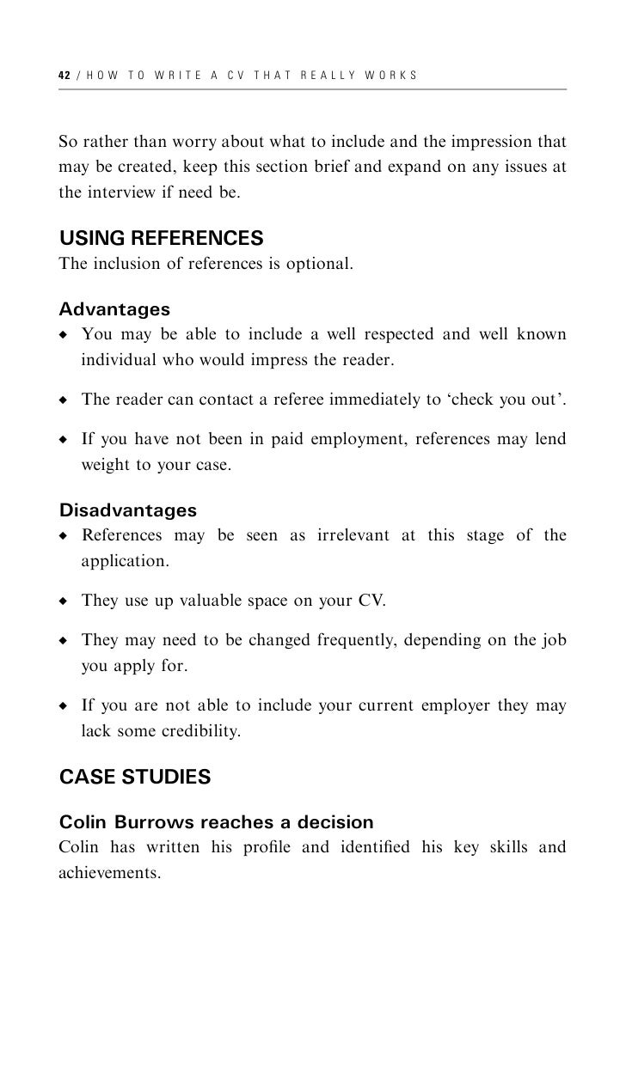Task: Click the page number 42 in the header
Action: point(64,76)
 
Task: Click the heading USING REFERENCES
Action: point(161,237)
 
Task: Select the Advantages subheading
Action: point(114,308)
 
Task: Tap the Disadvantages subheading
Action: point(128,511)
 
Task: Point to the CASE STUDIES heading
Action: point(135,778)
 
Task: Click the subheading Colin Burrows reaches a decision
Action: point(216,822)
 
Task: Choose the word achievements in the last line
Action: point(109,873)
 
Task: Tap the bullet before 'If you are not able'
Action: point(64,707)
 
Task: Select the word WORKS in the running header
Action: point(391,76)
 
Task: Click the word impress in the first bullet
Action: point(279,359)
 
